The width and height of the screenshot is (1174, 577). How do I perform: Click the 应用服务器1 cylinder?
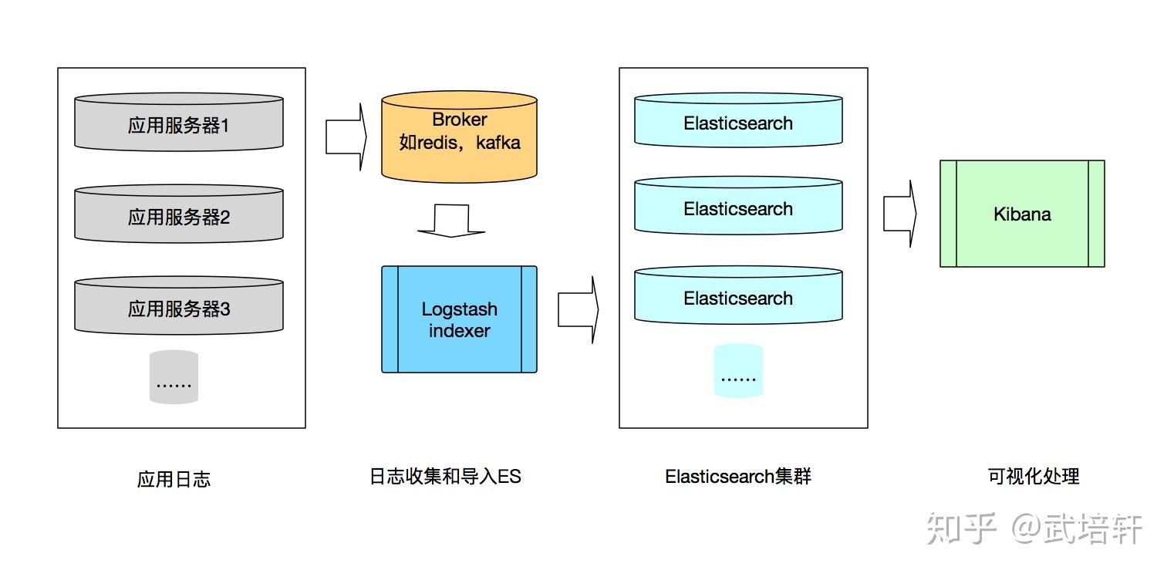pyautogui.click(x=179, y=123)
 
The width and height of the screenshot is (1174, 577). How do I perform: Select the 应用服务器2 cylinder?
pyautogui.click(x=179, y=214)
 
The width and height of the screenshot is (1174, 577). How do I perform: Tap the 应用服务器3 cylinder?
pyautogui.click(x=179, y=306)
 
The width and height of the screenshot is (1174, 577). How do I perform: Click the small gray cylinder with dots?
pyautogui.click(x=174, y=377)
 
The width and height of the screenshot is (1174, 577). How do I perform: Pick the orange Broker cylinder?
pyautogui.click(x=459, y=137)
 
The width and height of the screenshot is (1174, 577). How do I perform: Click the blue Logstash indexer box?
pyautogui.click(x=459, y=319)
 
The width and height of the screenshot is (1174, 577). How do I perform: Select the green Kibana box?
pyautogui.click(x=1022, y=214)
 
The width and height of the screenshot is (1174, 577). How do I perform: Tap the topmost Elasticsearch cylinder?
pyautogui.click(x=738, y=120)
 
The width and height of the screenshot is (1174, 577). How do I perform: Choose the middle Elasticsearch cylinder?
pyautogui.click(x=738, y=206)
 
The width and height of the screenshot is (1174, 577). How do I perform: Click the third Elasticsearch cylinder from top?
pyautogui.click(x=738, y=295)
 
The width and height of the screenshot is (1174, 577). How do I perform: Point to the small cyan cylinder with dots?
pyautogui.click(x=738, y=371)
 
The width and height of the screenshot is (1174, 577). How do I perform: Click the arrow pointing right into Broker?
pyautogui.click(x=346, y=137)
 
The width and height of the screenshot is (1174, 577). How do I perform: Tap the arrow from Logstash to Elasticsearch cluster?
pyautogui.click(x=578, y=309)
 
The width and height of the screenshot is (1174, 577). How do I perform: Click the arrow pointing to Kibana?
pyautogui.click(x=899, y=214)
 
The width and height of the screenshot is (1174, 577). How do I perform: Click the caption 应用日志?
pyautogui.click(x=174, y=479)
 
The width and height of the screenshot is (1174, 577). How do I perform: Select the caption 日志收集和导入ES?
pyautogui.click(x=445, y=477)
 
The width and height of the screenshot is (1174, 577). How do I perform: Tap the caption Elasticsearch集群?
pyautogui.click(x=738, y=477)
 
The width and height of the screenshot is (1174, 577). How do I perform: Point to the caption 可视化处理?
pyautogui.click(x=1034, y=477)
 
